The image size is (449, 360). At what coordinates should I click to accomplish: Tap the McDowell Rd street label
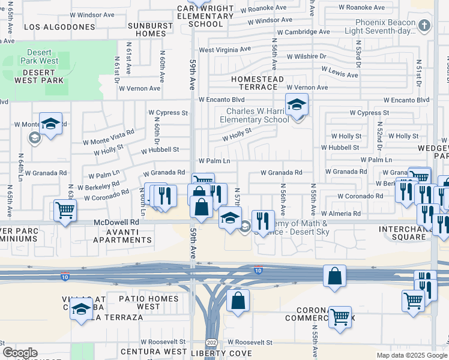116,221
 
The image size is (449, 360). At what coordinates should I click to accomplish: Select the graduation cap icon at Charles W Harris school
297,105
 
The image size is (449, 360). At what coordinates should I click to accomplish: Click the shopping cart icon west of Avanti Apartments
65,210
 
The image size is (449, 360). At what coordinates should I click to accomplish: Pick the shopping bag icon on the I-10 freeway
334,276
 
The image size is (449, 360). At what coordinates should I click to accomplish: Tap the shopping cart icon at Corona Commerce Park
340,316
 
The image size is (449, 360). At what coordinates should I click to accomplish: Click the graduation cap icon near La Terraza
80,310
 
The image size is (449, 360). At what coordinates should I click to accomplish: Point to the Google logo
19,353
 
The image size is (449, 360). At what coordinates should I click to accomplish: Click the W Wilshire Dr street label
306,56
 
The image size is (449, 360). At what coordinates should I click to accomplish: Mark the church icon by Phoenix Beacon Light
424,25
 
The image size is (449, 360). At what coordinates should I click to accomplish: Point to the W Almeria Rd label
340,214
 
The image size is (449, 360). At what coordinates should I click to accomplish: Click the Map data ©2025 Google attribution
412,355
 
